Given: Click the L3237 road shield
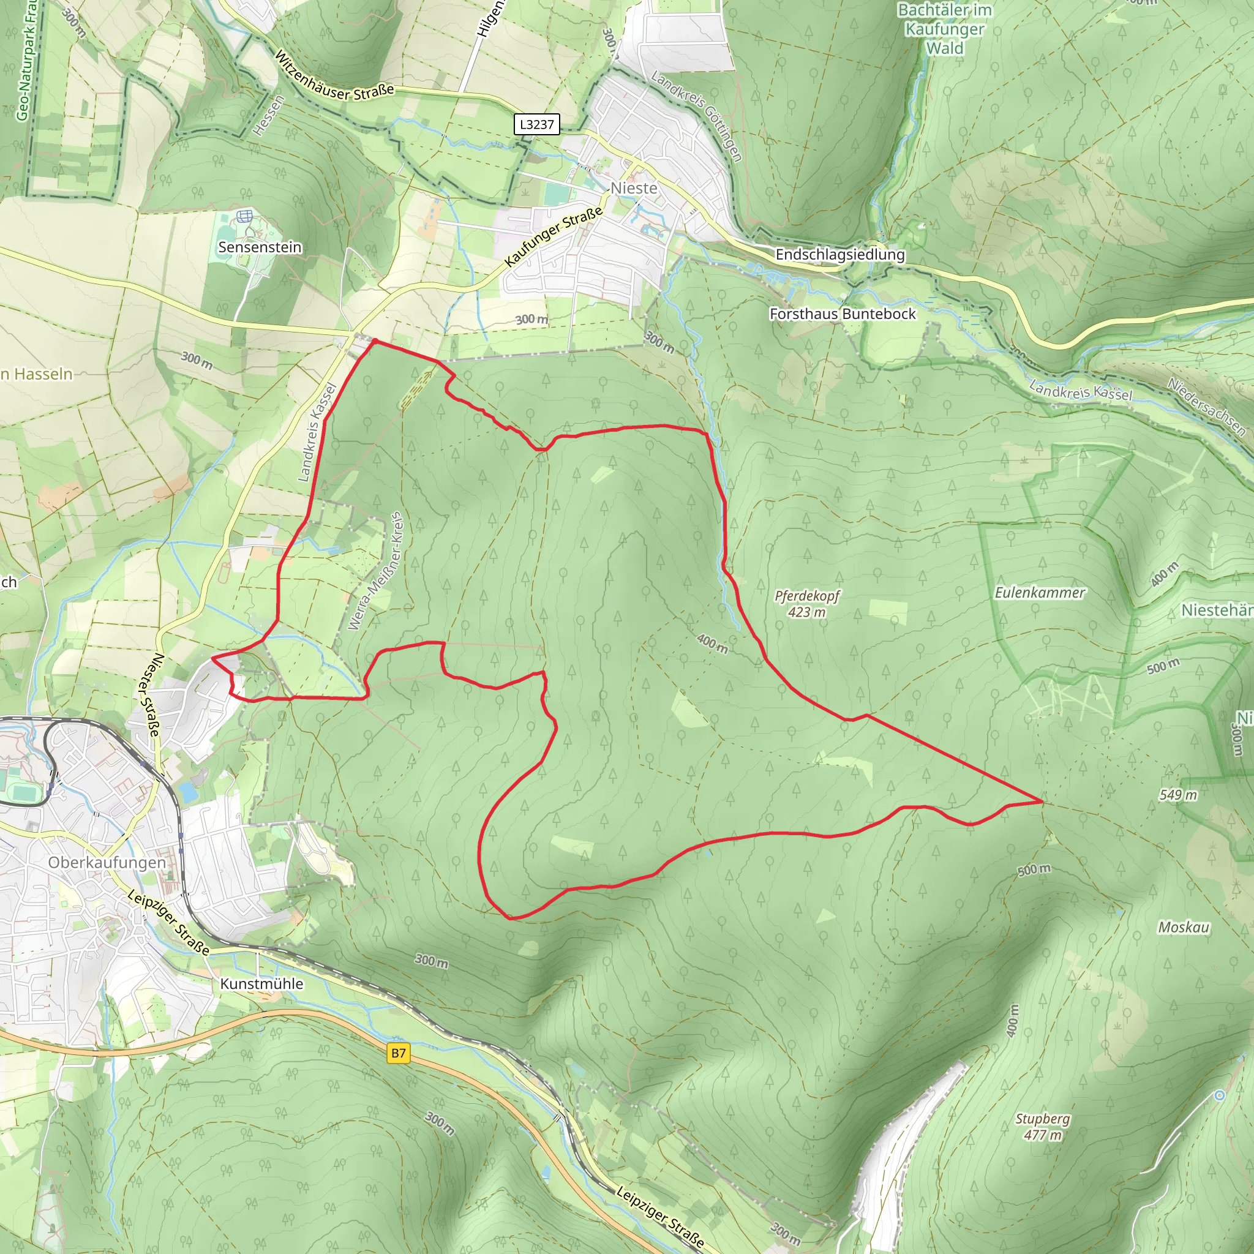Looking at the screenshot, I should coord(536,124).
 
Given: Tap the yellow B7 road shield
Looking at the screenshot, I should coord(399,1053).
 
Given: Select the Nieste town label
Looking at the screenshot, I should coord(634,188).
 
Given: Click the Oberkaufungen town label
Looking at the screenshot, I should coord(107,862).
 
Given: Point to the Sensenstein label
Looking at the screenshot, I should coord(260,247).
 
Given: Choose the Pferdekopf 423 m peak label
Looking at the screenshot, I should coord(807,604).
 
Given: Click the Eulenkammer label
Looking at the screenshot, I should coord(1040,593).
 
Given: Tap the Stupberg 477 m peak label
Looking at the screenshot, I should coord(1042,1126).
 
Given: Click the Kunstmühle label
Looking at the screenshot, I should coord(261,983).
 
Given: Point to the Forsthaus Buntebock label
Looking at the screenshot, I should coord(843,314).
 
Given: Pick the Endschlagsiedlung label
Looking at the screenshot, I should coord(840,255).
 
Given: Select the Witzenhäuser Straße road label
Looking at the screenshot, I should coord(334,77).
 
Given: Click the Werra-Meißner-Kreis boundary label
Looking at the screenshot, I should coord(376,571).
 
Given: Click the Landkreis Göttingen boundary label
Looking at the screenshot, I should coord(696,116).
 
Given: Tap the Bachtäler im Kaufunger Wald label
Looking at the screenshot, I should coord(944,29).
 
